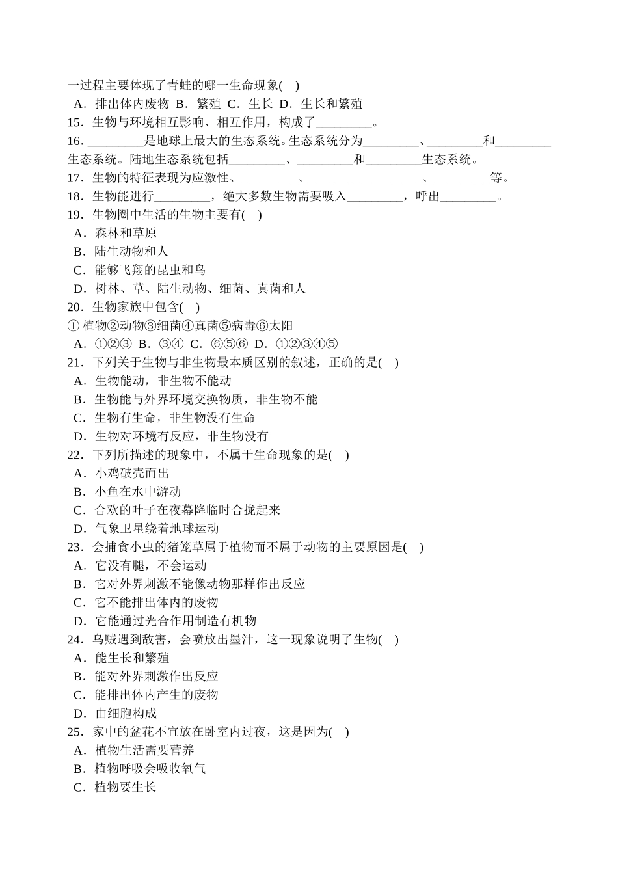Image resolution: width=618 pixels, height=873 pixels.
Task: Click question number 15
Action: click(75, 122)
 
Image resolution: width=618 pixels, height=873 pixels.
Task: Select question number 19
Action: click(75, 215)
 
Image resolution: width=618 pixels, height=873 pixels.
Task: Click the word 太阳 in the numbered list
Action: click(282, 325)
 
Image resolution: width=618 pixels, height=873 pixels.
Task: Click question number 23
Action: click(75, 547)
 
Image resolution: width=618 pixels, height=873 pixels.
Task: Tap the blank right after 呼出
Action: click(468, 196)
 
